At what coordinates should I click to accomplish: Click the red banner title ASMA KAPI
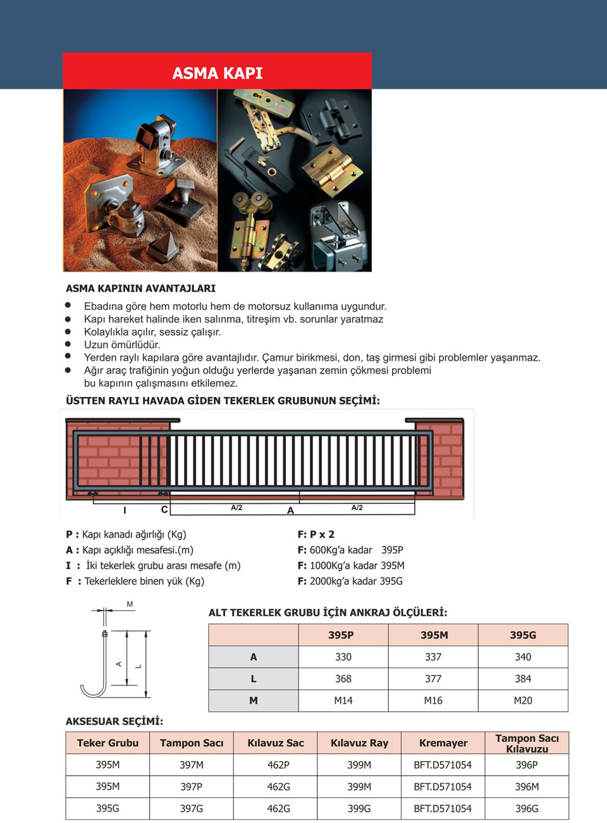click(x=218, y=73)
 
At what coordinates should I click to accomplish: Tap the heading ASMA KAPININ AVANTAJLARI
click(x=140, y=288)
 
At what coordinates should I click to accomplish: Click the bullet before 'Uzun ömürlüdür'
click(x=68, y=344)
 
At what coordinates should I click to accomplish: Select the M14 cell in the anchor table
click(x=343, y=700)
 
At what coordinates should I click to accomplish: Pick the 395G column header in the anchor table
click(x=523, y=635)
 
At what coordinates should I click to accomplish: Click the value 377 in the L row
click(x=433, y=679)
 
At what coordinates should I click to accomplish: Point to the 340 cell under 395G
click(x=523, y=657)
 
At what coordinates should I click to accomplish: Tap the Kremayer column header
click(x=443, y=743)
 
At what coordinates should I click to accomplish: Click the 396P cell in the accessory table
click(x=527, y=765)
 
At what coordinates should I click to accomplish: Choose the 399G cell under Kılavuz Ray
click(x=359, y=808)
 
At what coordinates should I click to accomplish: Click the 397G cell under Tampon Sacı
click(x=192, y=808)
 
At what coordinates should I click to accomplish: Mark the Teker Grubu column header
click(x=107, y=743)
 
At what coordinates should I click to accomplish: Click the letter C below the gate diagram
click(x=164, y=510)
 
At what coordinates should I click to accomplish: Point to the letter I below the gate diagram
click(x=125, y=510)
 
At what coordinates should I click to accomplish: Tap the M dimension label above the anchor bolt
click(x=130, y=605)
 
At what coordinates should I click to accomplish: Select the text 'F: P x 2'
click(x=316, y=534)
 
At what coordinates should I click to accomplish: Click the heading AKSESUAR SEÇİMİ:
click(x=114, y=721)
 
